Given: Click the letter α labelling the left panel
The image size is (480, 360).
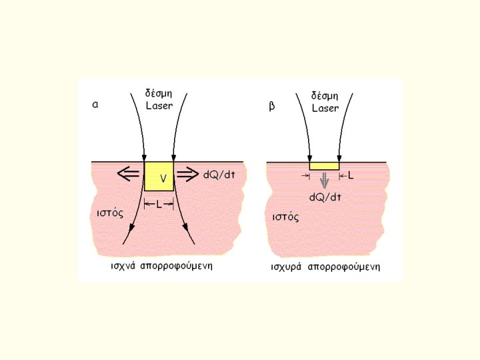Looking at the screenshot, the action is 95,105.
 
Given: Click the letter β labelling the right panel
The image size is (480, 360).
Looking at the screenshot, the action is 271,105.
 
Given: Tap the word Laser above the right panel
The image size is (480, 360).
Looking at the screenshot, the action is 325,108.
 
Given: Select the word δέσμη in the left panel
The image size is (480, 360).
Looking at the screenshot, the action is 159,93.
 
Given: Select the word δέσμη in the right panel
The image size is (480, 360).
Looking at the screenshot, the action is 326,96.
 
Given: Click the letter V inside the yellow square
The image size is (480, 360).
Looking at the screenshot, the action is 163,178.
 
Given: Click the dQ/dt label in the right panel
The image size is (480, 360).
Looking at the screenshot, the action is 326,197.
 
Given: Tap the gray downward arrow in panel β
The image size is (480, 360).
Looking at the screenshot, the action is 325,180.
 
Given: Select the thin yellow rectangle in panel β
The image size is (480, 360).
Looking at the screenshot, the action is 325,165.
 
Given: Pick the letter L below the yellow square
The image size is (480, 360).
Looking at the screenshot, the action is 159,205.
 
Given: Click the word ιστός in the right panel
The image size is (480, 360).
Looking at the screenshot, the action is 285,217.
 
